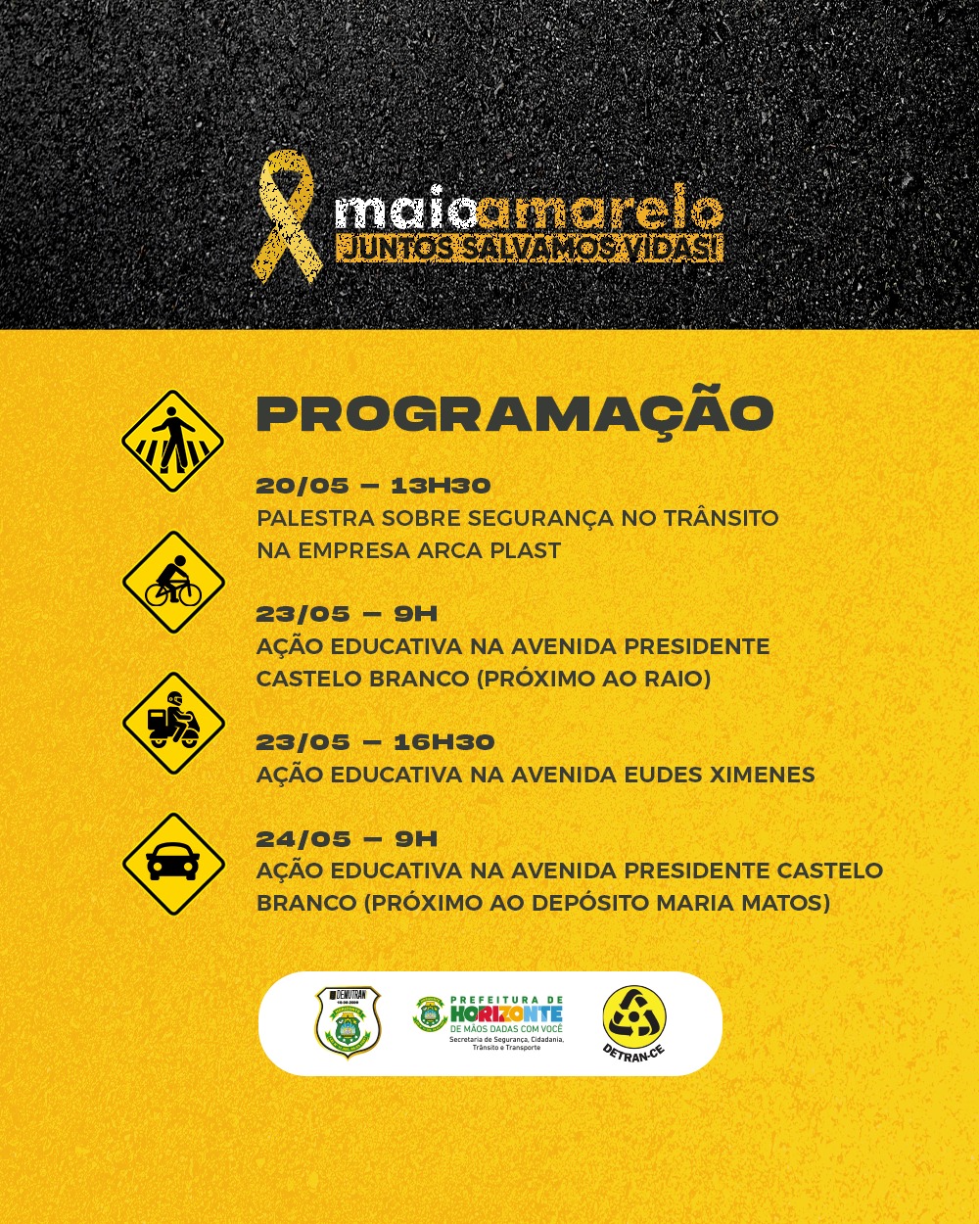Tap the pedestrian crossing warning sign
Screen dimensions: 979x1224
tap(173, 441)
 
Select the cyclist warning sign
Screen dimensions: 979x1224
tap(173, 582)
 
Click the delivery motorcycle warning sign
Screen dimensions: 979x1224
tap(173, 723)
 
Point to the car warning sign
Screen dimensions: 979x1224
tap(173, 864)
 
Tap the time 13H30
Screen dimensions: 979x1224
tap(441, 486)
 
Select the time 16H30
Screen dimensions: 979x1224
tap(443, 742)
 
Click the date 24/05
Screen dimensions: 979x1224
tap(303, 839)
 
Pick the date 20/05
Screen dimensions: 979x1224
tap(303, 486)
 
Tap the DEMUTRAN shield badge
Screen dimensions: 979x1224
tap(348, 1022)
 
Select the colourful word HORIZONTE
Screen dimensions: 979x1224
tap(506, 1014)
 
